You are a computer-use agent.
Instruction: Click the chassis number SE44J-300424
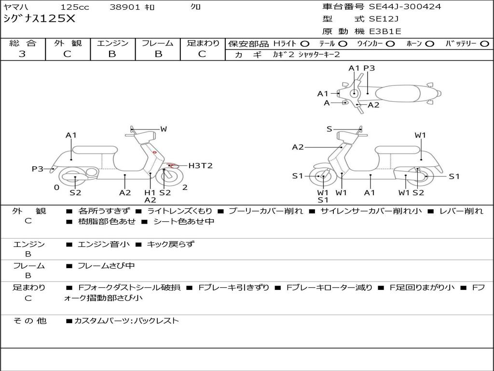pos(405,7)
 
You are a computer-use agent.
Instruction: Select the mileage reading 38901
pos(125,7)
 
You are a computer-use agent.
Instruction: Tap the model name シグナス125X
pos(39,19)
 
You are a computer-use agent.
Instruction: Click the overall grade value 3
pos(22,54)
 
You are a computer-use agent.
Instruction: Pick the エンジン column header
pos(112,43)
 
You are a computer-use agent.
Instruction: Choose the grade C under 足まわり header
pos(202,54)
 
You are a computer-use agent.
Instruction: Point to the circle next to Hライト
pos(305,43)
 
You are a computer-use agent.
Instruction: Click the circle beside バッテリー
pos(484,43)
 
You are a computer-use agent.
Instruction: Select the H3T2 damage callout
pos(200,166)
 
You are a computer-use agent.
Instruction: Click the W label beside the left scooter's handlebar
pos(164,129)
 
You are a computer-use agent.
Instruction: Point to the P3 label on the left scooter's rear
pos(38,169)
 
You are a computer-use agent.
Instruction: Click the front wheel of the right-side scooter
pos(322,177)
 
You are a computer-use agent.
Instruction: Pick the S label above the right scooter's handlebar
pos(329,129)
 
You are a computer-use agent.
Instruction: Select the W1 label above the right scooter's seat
pos(420,135)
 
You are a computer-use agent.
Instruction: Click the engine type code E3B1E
pos(385,31)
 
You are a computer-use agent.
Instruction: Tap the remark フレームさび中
pos(106,266)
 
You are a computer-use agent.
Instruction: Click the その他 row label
pos(30,321)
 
